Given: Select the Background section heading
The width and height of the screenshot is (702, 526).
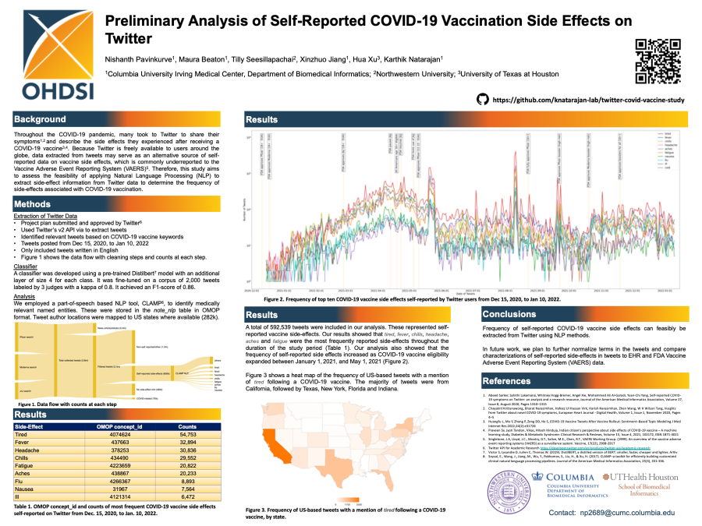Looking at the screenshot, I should (40, 120).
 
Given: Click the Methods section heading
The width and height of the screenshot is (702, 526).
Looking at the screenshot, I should (34, 204).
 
